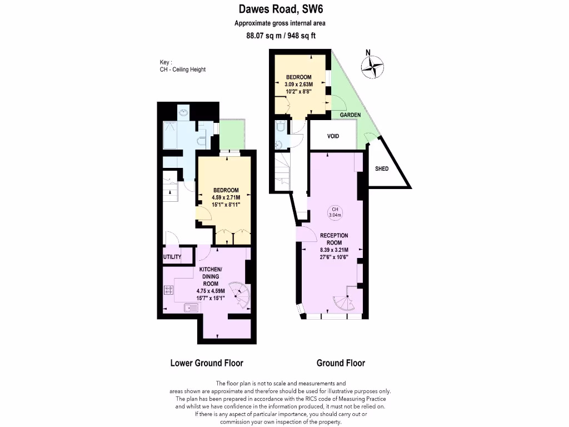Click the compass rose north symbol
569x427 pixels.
tap(372, 67)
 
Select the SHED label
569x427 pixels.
tap(382, 169)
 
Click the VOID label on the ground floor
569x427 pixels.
tap(333, 136)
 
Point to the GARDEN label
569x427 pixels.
tap(350, 115)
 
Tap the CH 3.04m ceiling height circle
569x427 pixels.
tap(335, 212)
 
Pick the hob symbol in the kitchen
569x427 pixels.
tap(168, 289)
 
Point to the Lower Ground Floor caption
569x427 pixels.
tap(206, 363)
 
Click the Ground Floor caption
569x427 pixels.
tap(341, 363)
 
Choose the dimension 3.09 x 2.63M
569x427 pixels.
tap(298, 84)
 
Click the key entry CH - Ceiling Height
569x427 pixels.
tap(182, 69)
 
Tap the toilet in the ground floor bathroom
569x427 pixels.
tap(281, 127)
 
